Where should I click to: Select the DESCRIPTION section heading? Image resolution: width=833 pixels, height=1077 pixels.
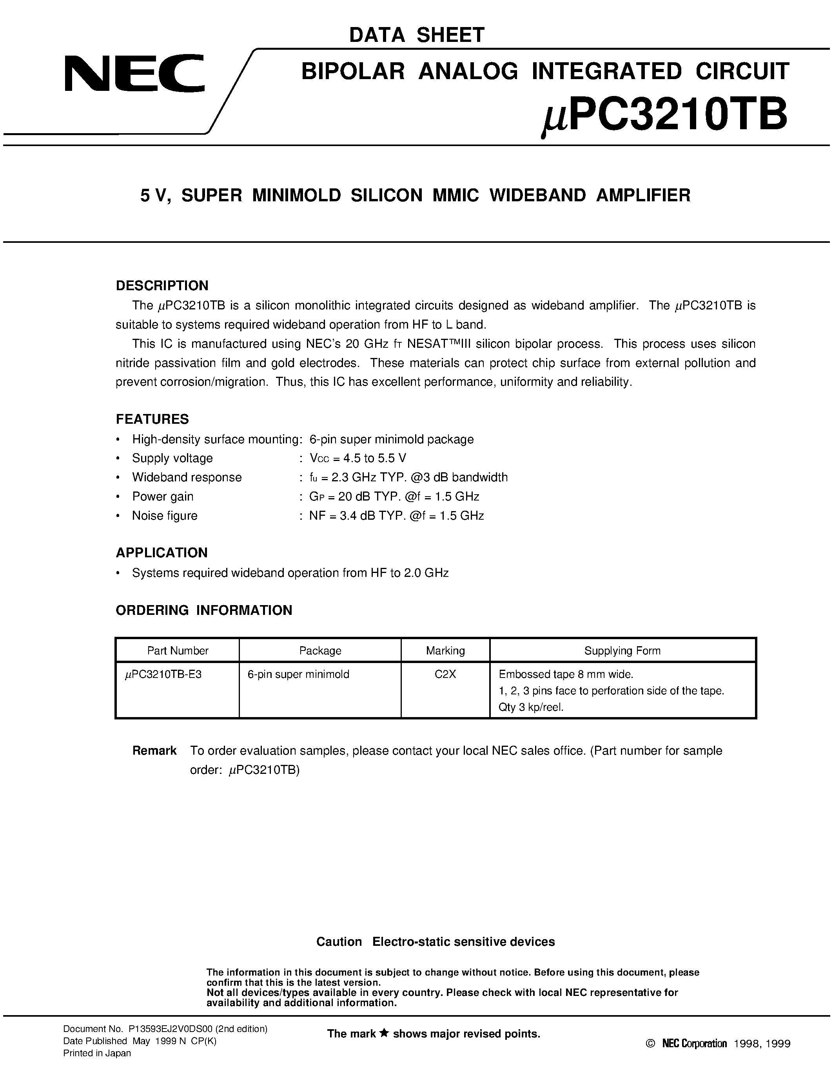tap(162, 286)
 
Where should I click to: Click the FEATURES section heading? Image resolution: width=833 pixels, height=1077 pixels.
tap(152, 419)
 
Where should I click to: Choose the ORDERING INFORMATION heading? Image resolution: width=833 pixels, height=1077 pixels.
tap(204, 611)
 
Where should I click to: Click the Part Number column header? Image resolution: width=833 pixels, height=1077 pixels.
tap(178, 651)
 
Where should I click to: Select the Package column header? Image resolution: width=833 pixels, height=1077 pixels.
tap(320, 651)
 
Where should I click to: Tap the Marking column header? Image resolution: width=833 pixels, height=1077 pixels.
tap(445, 651)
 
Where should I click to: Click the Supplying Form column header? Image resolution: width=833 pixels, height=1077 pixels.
tap(622, 651)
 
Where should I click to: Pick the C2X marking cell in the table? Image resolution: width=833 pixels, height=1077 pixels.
tap(445, 674)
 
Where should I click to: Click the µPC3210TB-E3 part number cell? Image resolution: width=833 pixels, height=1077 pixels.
tap(163, 674)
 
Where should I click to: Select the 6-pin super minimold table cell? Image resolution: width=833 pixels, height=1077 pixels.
tap(298, 674)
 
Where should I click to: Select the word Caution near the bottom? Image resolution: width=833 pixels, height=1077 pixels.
tap(339, 942)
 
